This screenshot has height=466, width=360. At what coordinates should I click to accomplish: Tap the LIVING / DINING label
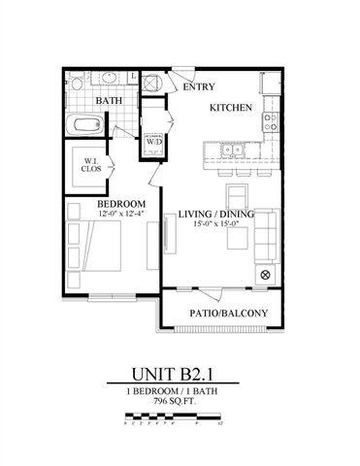(211, 215)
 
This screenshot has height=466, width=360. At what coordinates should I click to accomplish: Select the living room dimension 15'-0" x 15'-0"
(211, 225)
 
